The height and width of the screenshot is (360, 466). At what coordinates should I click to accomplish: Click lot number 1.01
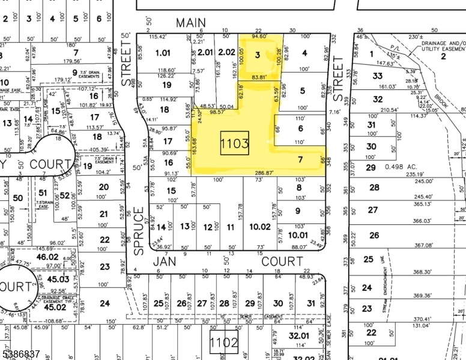(x=163, y=53)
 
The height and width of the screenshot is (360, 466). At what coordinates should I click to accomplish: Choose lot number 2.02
(x=227, y=52)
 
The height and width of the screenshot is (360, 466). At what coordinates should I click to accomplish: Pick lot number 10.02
(x=260, y=226)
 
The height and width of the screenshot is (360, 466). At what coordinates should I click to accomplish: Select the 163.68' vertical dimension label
(x=195, y=146)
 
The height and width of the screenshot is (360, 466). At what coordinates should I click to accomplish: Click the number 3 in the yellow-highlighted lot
(x=258, y=55)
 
